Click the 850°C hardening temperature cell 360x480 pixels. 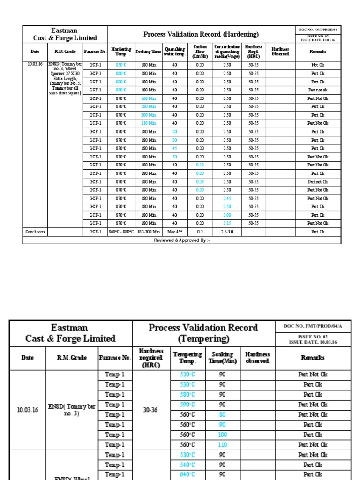click(x=121, y=65)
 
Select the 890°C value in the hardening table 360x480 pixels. click(x=121, y=90)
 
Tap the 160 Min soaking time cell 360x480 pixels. click(x=148, y=98)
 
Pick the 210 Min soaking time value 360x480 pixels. click(x=148, y=123)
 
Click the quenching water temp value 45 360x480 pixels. click(x=174, y=148)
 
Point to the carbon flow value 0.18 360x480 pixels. click(x=200, y=165)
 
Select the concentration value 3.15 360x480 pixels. click(x=227, y=223)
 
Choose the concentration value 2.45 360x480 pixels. click(x=227, y=198)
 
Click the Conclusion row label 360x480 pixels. click(x=35, y=232)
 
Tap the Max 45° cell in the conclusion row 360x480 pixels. click(x=174, y=232)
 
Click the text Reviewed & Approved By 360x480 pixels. click(x=182, y=240)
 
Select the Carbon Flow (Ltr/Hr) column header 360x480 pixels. click(x=200, y=51)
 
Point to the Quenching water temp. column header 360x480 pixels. click(x=174, y=51)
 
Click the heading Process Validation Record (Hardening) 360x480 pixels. click(x=201, y=34)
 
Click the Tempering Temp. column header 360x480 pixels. click(x=187, y=358)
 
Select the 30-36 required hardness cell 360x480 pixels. click(x=150, y=410)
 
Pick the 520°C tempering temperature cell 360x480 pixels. click(x=187, y=375)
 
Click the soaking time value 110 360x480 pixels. click(x=223, y=445)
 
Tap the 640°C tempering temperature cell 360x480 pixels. click(x=187, y=474)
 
